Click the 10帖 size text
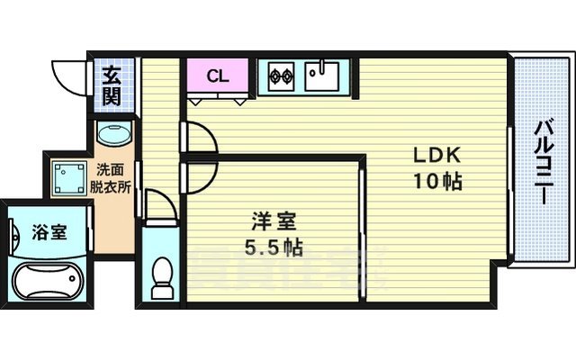pos(437,181)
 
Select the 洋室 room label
pos(270,220)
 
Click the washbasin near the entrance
pos(113,135)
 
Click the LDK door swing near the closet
pos(200,137)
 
